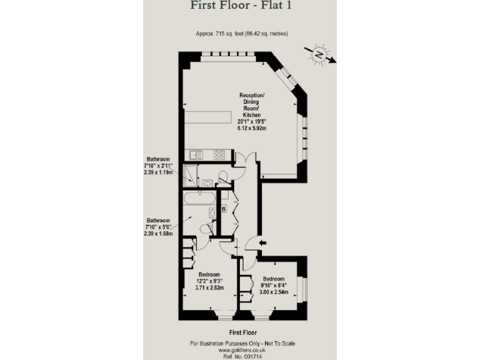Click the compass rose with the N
(x=319, y=54)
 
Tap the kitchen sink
(x=193, y=154)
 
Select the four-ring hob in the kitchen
(x=220, y=154)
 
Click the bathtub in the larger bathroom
(x=199, y=201)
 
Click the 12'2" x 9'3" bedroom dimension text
(x=209, y=282)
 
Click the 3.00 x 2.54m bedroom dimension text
(x=274, y=292)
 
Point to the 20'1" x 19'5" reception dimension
(x=252, y=122)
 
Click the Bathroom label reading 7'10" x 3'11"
(x=158, y=166)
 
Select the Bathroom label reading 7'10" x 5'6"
(x=158, y=227)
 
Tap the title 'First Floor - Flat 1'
(x=240, y=6)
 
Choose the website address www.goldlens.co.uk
(x=239, y=350)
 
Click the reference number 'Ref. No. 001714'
(x=239, y=356)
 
